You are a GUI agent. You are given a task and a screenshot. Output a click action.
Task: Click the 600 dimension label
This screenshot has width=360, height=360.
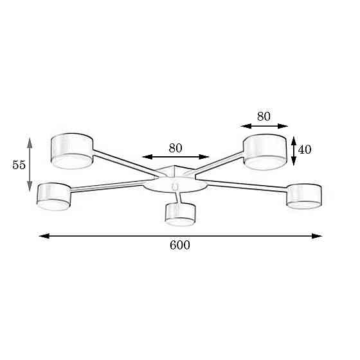pyautogui.click(x=180, y=245)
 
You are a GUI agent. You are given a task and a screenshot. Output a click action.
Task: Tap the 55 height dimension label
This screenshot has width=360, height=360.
pyautogui.click(x=19, y=165)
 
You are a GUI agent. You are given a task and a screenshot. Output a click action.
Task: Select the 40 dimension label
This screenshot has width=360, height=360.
pyautogui.click(x=305, y=149)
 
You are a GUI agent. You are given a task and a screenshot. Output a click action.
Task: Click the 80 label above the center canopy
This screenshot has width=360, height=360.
pyautogui.click(x=175, y=148)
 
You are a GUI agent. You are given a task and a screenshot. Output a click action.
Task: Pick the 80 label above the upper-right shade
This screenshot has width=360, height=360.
pyautogui.click(x=264, y=116)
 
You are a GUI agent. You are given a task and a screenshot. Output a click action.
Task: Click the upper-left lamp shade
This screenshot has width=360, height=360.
pyautogui.click(x=72, y=151)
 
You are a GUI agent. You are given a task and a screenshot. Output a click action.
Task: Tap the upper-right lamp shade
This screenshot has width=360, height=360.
pyautogui.click(x=265, y=152)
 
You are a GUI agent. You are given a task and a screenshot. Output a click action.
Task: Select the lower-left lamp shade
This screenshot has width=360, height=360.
pyautogui.click(x=54, y=197)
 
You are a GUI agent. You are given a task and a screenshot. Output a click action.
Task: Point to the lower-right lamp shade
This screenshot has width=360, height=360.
pyautogui.click(x=304, y=196)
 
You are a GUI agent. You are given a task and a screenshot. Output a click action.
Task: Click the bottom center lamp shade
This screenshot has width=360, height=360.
pyautogui.click(x=180, y=215)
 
